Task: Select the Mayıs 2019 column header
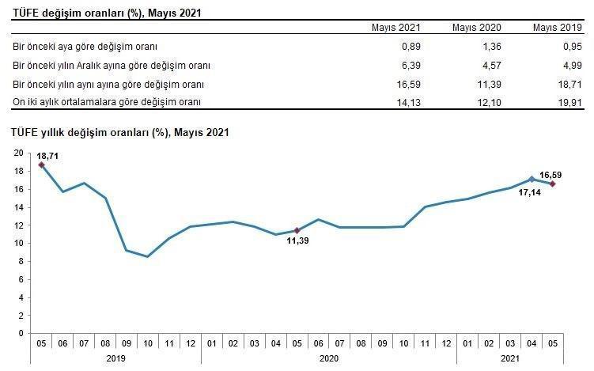click(x=557, y=28)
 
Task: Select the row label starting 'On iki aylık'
click(x=107, y=101)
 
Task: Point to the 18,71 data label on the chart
click(x=47, y=157)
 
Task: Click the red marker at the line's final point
click(x=552, y=184)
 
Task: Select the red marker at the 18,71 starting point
click(x=41, y=165)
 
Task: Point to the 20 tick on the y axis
click(x=20, y=153)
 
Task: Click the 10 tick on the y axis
click(x=20, y=243)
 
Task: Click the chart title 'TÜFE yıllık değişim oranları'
click(x=119, y=132)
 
